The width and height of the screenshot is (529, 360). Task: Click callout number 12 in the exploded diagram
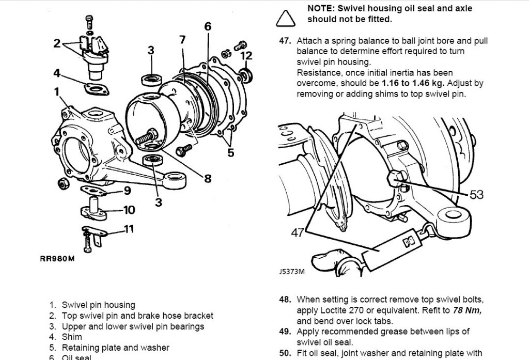(x=246, y=55)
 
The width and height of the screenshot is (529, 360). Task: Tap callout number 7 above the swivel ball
(x=182, y=39)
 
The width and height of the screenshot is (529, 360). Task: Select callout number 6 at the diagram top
(x=207, y=26)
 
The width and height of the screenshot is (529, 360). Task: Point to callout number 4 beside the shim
(x=56, y=72)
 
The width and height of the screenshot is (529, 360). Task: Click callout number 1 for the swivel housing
(x=56, y=92)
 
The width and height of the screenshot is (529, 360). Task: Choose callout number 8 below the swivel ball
(x=207, y=179)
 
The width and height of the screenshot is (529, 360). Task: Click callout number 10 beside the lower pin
(x=129, y=210)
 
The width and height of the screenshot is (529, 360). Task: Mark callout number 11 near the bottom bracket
(x=129, y=228)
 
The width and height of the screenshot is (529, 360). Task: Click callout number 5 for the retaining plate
(x=230, y=152)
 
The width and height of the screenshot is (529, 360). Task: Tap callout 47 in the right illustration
(x=297, y=233)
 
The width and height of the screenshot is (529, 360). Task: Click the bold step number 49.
(x=286, y=332)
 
